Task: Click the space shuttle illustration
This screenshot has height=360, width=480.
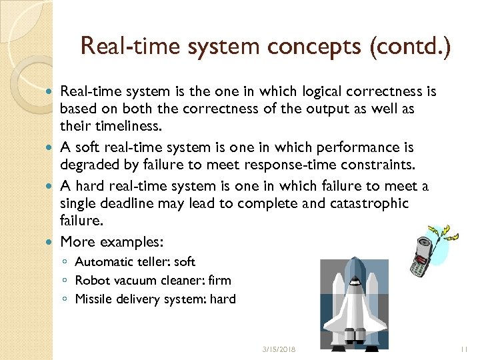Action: (354, 301)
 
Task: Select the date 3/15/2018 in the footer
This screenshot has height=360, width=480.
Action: (279, 349)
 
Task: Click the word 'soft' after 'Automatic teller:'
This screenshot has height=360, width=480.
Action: (184, 262)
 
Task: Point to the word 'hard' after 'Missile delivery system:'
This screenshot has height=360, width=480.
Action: (223, 299)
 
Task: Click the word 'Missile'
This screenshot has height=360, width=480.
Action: (94, 299)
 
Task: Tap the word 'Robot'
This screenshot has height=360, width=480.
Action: (91, 281)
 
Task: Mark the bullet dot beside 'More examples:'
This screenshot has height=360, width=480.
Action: (52, 241)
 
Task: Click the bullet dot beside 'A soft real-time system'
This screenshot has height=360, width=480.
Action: (52, 147)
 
